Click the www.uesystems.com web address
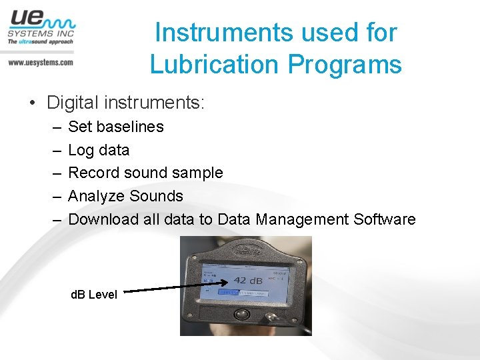[x=40, y=62]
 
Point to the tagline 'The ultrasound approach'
[x=40, y=41]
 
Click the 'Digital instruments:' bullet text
[x=125, y=103]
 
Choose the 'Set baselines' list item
[x=116, y=127]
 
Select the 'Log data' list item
[x=99, y=150]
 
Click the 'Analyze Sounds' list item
[x=125, y=196]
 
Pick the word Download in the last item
[x=101, y=219]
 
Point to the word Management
[x=293, y=219]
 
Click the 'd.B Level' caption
[x=94, y=294]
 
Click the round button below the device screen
[x=244, y=313]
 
